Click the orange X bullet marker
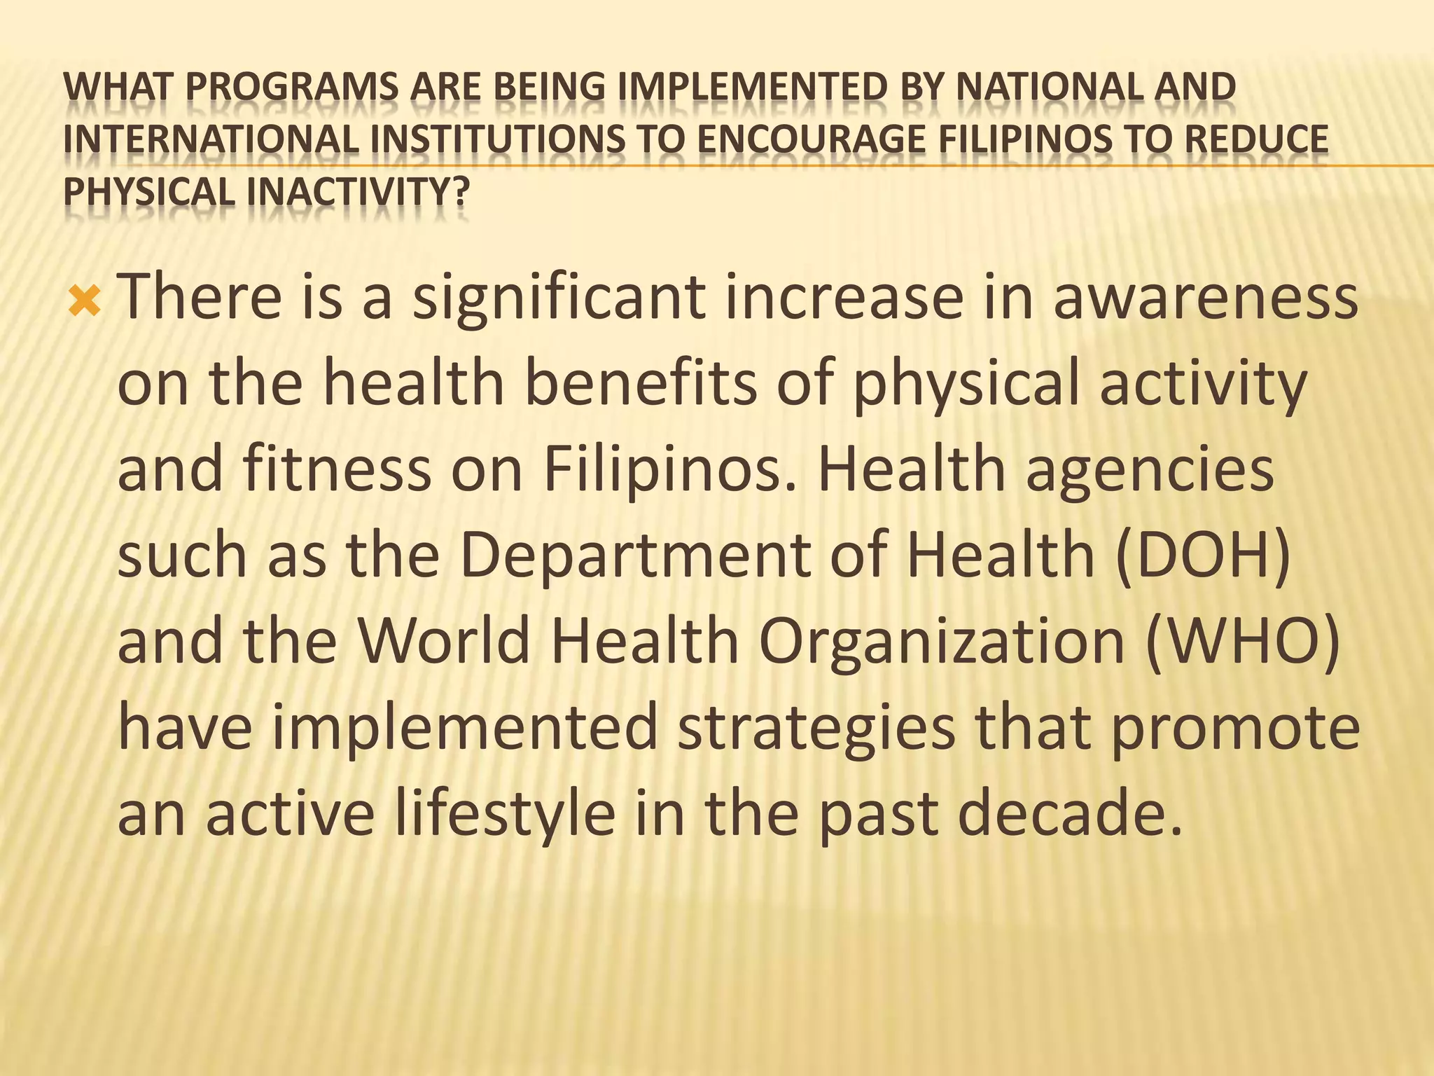coord(85,302)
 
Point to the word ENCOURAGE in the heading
coord(812,139)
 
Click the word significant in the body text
coord(558,298)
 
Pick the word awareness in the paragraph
coord(1205,298)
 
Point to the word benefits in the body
coord(640,384)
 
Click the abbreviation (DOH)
coord(1202,556)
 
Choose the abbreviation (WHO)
coord(1243,642)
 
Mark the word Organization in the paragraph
coord(941,642)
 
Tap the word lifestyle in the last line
coord(504,815)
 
